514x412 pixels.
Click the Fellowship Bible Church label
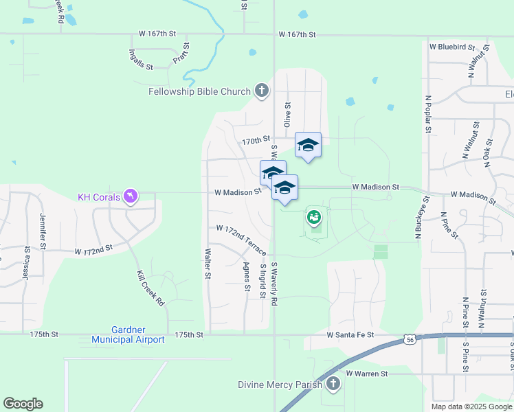click(x=200, y=91)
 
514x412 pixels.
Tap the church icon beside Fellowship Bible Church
click(x=261, y=91)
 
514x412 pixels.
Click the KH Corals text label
click(x=98, y=198)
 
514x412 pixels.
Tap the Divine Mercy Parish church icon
click(x=333, y=385)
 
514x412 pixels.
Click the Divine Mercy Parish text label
click(x=280, y=385)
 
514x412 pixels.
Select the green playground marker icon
click(x=314, y=218)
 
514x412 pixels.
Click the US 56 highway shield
click(x=410, y=339)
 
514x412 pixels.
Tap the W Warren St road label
click(x=367, y=374)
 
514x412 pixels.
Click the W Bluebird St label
click(x=452, y=47)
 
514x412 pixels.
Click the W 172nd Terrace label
click(x=241, y=239)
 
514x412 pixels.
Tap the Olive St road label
click(x=288, y=115)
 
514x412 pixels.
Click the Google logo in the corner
click(x=23, y=404)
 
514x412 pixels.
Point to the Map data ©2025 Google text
click(x=471, y=407)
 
